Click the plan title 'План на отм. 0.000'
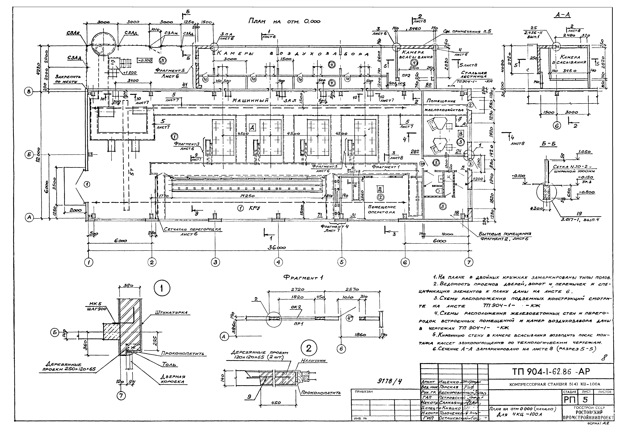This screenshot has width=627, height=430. point(284,22)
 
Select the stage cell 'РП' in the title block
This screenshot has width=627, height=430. point(569,399)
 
